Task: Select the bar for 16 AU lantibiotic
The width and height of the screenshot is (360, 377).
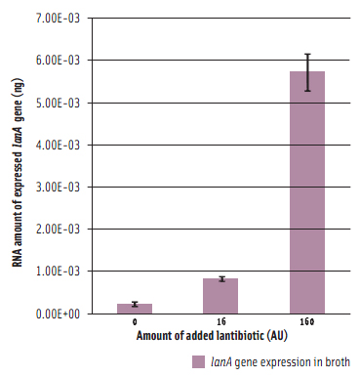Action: pos(220,296)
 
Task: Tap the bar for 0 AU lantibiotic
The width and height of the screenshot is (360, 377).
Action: pos(135,309)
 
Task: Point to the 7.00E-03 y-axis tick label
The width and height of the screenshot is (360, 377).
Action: pos(58,19)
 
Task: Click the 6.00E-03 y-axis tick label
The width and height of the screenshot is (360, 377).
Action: pos(58,61)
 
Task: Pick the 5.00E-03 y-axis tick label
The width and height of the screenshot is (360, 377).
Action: pos(58,103)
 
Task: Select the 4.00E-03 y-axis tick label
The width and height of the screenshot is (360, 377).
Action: pos(58,145)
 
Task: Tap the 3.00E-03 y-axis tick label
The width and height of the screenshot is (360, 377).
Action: pos(58,187)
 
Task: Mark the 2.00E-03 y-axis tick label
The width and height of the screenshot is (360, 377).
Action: pos(58,229)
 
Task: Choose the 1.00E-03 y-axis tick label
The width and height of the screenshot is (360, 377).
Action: pos(58,271)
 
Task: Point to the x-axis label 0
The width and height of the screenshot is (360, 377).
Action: pos(135,321)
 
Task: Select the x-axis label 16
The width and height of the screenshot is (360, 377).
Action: pos(220,321)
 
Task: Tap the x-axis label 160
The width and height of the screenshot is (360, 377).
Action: pos(307,321)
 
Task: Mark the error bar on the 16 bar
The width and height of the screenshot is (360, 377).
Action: pos(220,279)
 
